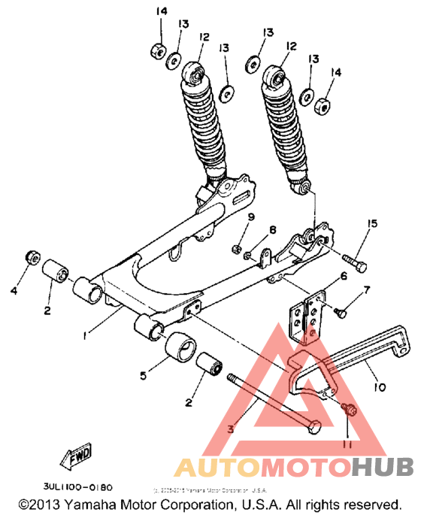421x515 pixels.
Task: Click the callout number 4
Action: tap(14, 289)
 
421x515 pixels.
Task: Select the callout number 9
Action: tap(253, 217)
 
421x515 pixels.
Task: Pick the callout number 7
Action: tap(368, 289)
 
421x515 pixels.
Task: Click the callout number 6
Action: tap(343, 277)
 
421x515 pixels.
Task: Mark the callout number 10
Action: tap(378, 388)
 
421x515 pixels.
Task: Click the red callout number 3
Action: tap(232, 431)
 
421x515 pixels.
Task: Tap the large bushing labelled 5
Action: tap(181, 347)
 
